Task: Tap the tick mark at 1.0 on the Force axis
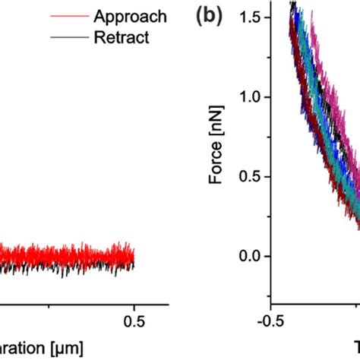[267, 97]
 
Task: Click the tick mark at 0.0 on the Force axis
[267, 257]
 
